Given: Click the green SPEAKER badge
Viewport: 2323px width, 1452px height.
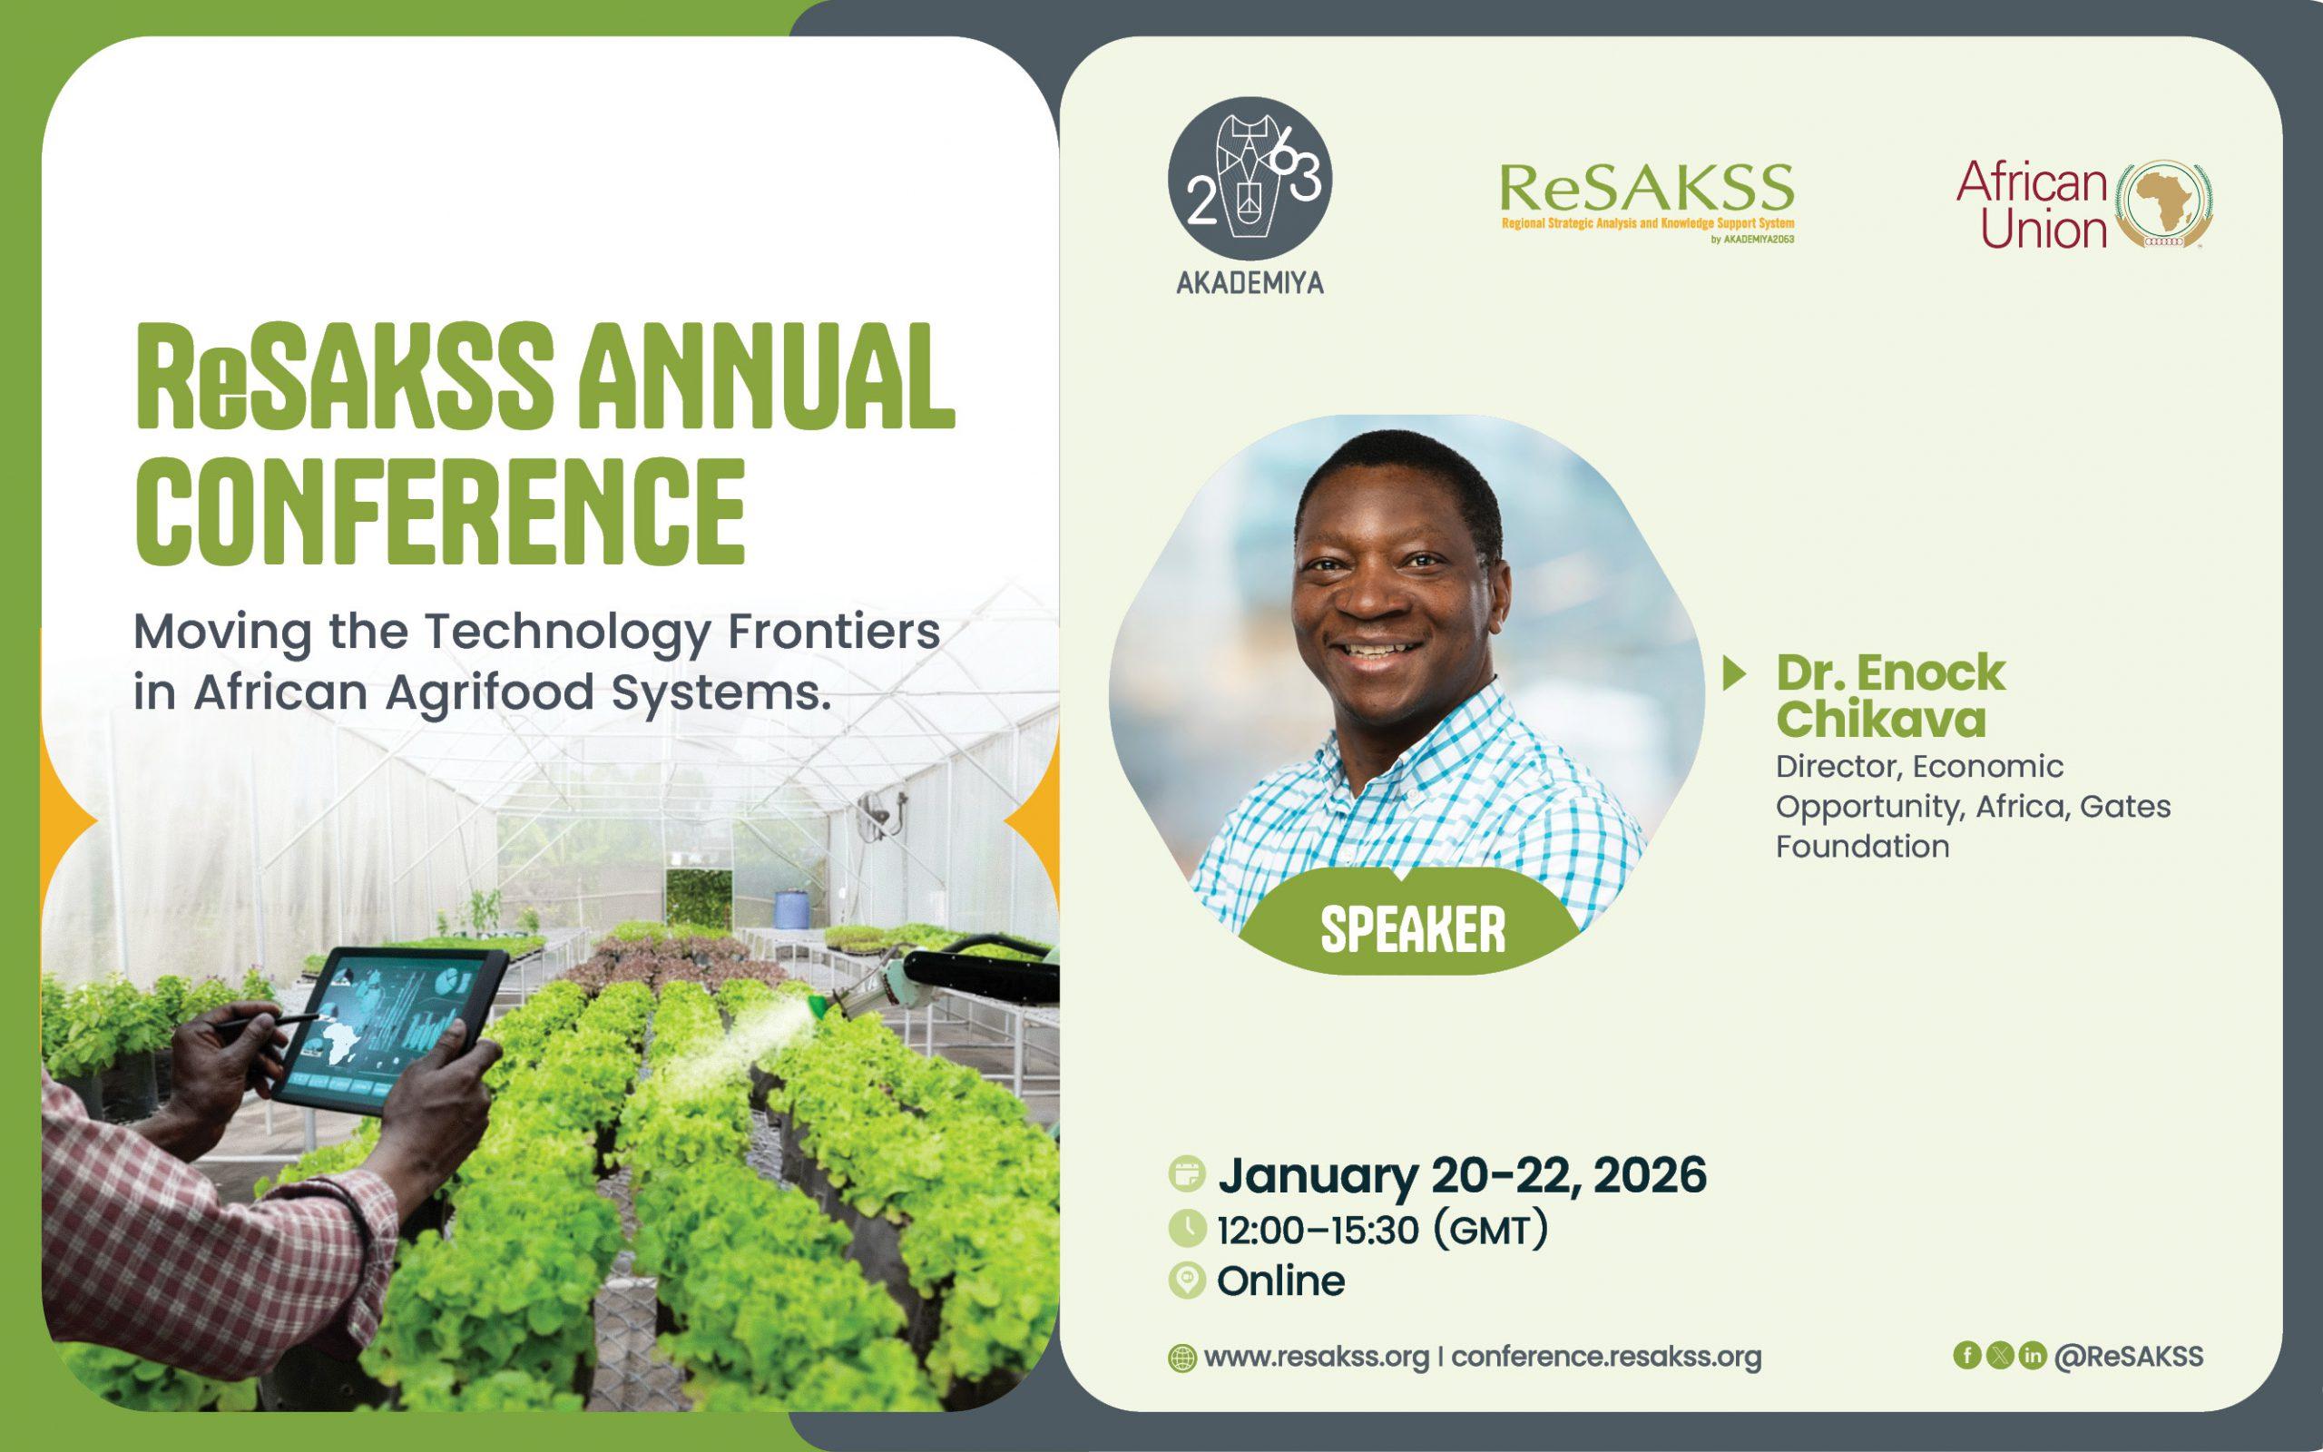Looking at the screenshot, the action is pos(1412,927).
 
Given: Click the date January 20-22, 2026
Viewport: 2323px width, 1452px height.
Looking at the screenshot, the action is pos(1462,1175).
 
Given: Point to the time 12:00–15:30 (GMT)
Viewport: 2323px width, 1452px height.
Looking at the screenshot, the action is pos(1382,1231).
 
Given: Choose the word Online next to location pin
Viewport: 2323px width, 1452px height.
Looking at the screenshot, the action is pos(1280,1281).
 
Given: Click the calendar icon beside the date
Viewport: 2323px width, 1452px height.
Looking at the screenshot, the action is pos(1188,1174).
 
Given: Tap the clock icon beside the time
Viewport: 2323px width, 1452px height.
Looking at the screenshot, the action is pos(1188,1228).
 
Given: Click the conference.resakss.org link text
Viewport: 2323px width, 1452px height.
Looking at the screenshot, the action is pos(1606,1357).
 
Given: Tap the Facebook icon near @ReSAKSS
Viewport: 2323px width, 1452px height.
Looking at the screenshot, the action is pos(1967,1355).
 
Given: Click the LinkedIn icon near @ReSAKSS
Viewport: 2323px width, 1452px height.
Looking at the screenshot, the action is pos(2032,1355).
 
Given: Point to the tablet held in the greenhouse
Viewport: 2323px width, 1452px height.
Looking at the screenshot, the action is pos(388,1029).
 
